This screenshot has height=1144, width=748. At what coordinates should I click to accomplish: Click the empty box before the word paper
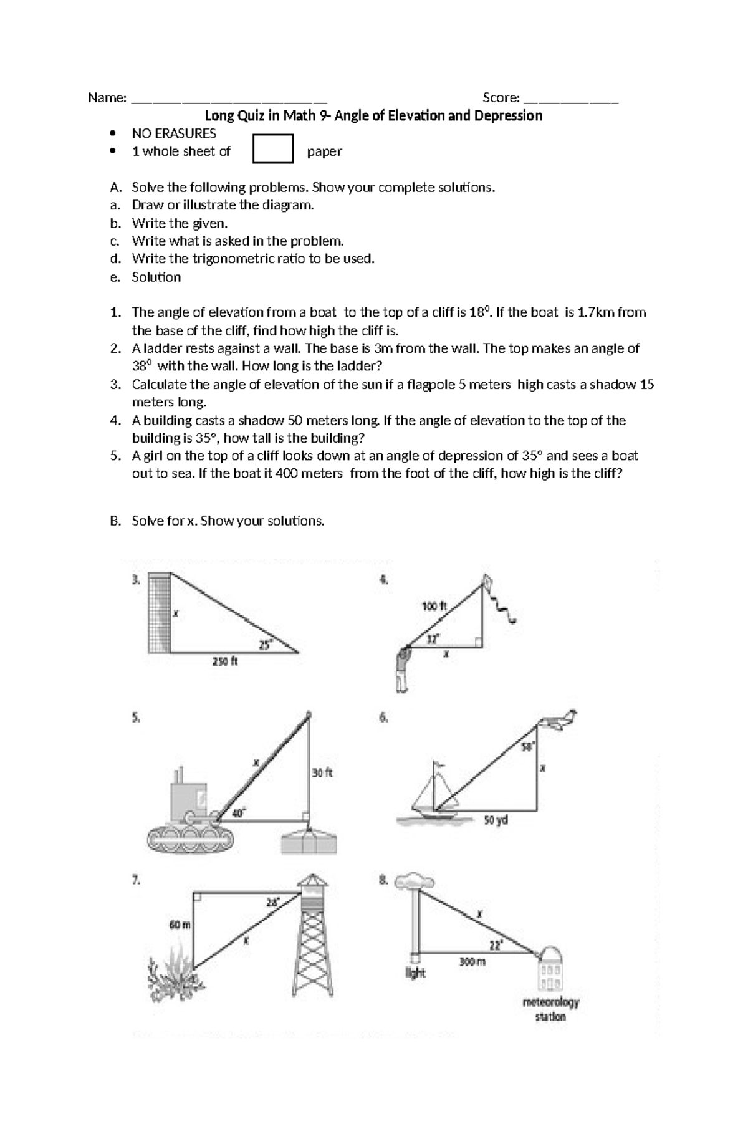point(272,149)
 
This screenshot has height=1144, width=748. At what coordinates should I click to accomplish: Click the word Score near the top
point(501,97)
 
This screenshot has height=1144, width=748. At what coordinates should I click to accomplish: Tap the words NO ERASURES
point(173,133)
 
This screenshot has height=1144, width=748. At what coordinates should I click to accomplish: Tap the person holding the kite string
point(402,671)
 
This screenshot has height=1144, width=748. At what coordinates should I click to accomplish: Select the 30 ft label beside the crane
point(322,772)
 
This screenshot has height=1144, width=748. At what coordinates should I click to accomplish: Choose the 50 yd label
point(496,820)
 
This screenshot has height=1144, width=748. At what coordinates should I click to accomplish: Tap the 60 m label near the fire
point(180,925)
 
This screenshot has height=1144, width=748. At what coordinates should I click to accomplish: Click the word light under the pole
point(415,973)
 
